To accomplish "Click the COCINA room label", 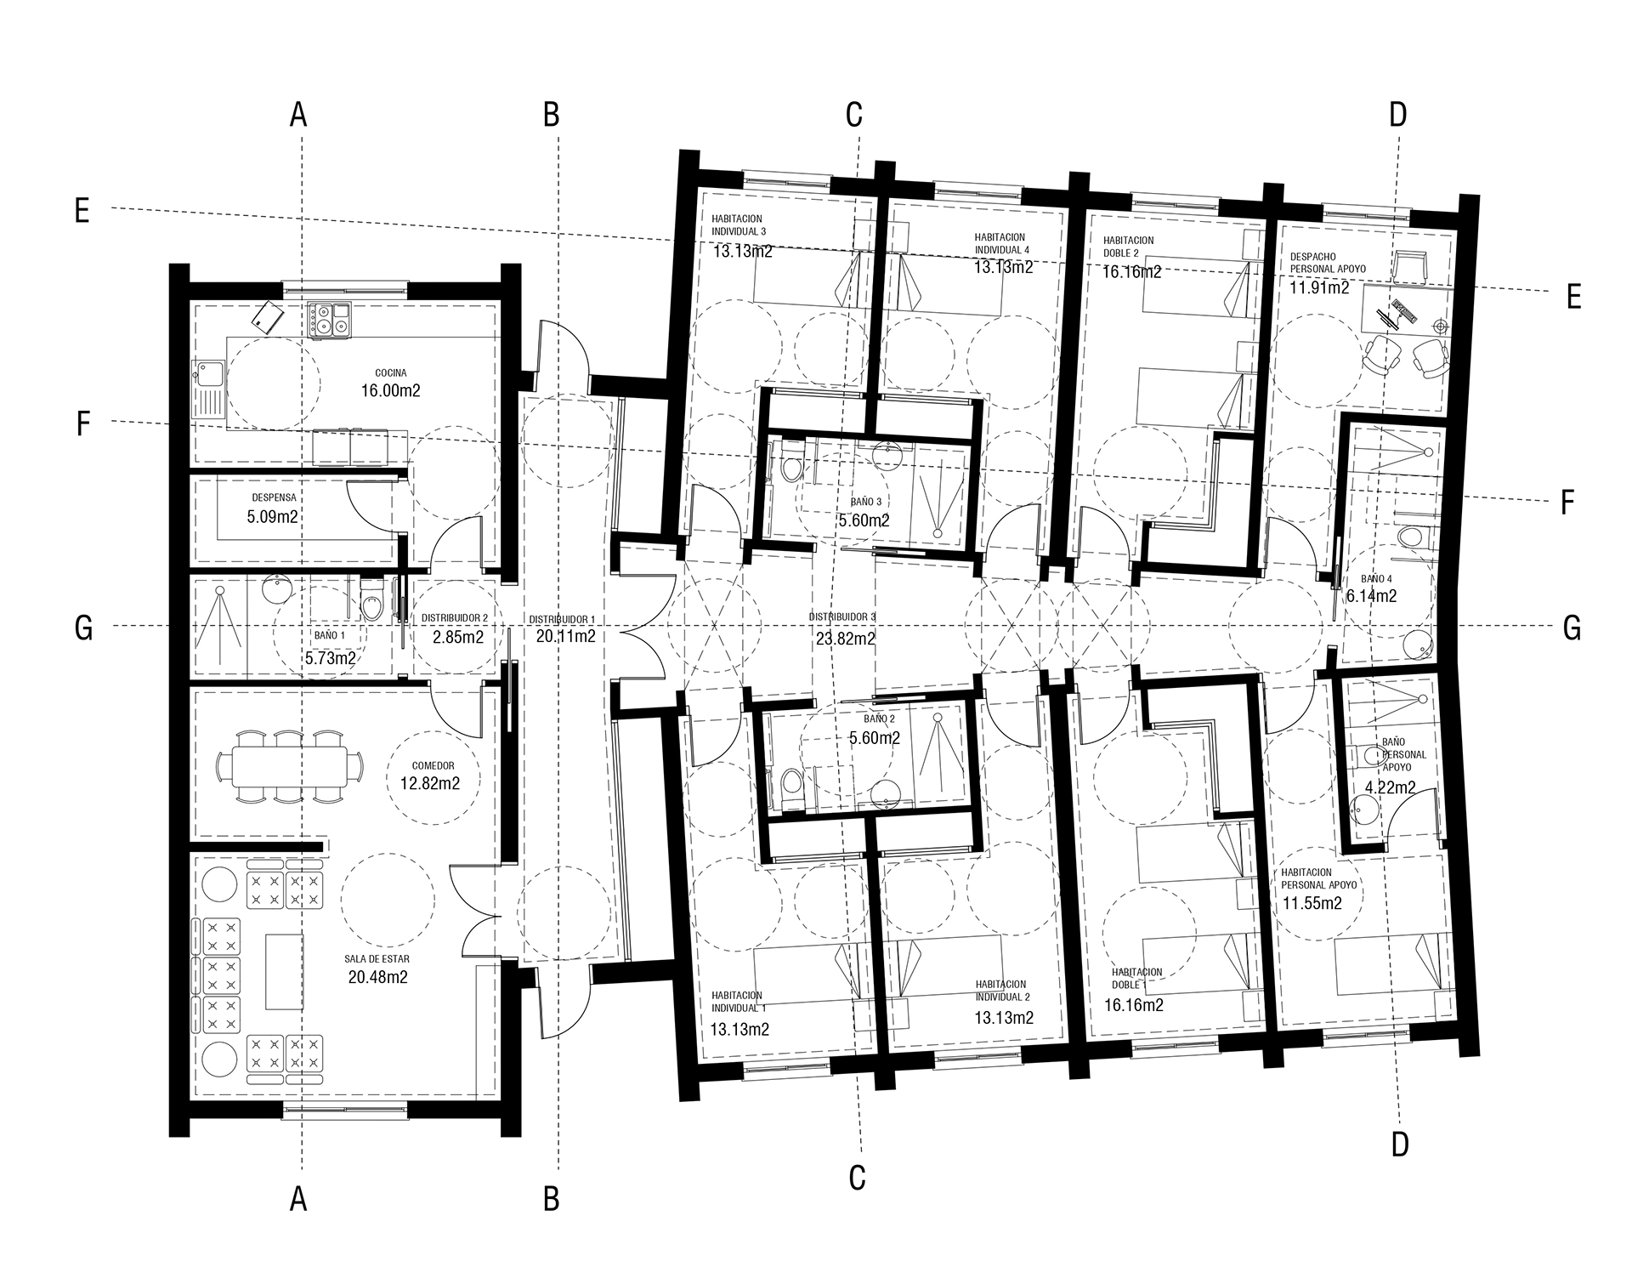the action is [391, 372].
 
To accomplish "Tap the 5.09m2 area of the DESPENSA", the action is [272, 516].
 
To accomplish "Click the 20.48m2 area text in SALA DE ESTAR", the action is [378, 977].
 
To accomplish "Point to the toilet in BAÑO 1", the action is [371, 600].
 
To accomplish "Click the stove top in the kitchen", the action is [329, 320].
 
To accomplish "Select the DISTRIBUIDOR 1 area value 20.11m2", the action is [565, 636].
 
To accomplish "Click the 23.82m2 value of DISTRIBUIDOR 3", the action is [846, 638].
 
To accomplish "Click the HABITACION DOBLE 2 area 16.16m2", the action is [1132, 272].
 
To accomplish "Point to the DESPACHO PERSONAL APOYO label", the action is [1328, 262].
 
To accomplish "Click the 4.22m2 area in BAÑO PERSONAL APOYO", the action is [1391, 787].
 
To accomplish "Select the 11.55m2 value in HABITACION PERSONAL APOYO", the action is [1312, 903].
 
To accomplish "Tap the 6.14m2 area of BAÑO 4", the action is [1371, 596].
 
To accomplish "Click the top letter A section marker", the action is [297, 114].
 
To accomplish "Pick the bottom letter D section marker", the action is [1400, 1145].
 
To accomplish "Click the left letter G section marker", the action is [83, 628].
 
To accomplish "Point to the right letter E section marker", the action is [1573, 297].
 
